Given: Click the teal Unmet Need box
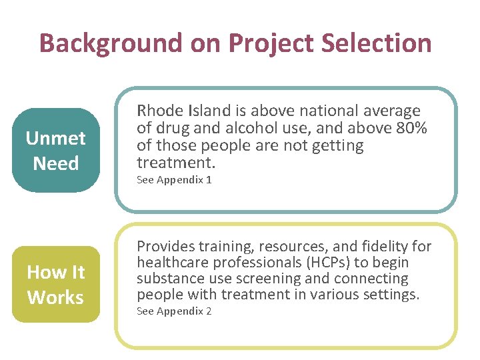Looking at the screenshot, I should pos(56,151).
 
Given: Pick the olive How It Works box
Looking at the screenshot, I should pos(56,285).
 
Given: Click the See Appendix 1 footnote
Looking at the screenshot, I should pos(174,180).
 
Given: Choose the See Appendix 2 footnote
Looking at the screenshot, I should pos(174,311).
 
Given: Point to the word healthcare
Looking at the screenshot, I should pos(171,263).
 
